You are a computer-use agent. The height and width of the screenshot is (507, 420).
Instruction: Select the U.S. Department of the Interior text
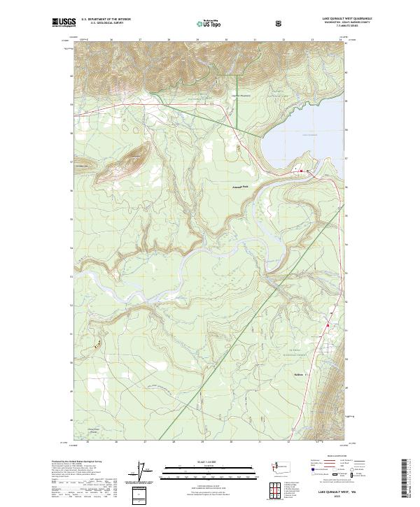pyautogui.click(x=106, y=20)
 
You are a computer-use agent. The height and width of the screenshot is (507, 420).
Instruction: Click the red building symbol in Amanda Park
pyautogui.click(x=302, y=171)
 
